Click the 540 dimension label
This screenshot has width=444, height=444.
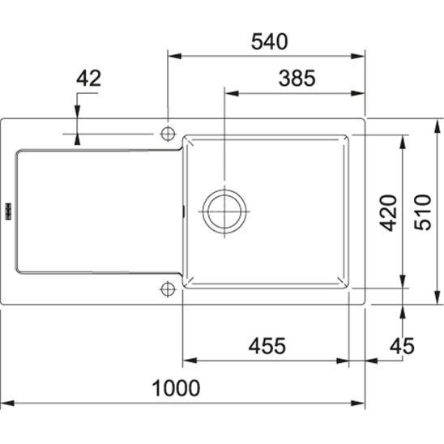click(x=269, y=41)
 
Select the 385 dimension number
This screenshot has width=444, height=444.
click(x=297, y=78)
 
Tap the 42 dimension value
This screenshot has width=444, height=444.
click(x=88, y=78)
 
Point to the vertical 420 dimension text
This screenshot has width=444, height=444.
click(x=388, y=213)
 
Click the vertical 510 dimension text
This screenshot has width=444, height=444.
click(x=422, y=212)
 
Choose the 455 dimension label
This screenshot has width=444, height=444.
click(x=267, y=346)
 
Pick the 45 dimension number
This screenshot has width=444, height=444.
click(x=402, y=346)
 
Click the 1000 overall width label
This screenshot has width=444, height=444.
click(x=176, y=388)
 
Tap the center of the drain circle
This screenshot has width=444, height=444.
click(x=224, y=211)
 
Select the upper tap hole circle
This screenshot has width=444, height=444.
click(x=168, y=134)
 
